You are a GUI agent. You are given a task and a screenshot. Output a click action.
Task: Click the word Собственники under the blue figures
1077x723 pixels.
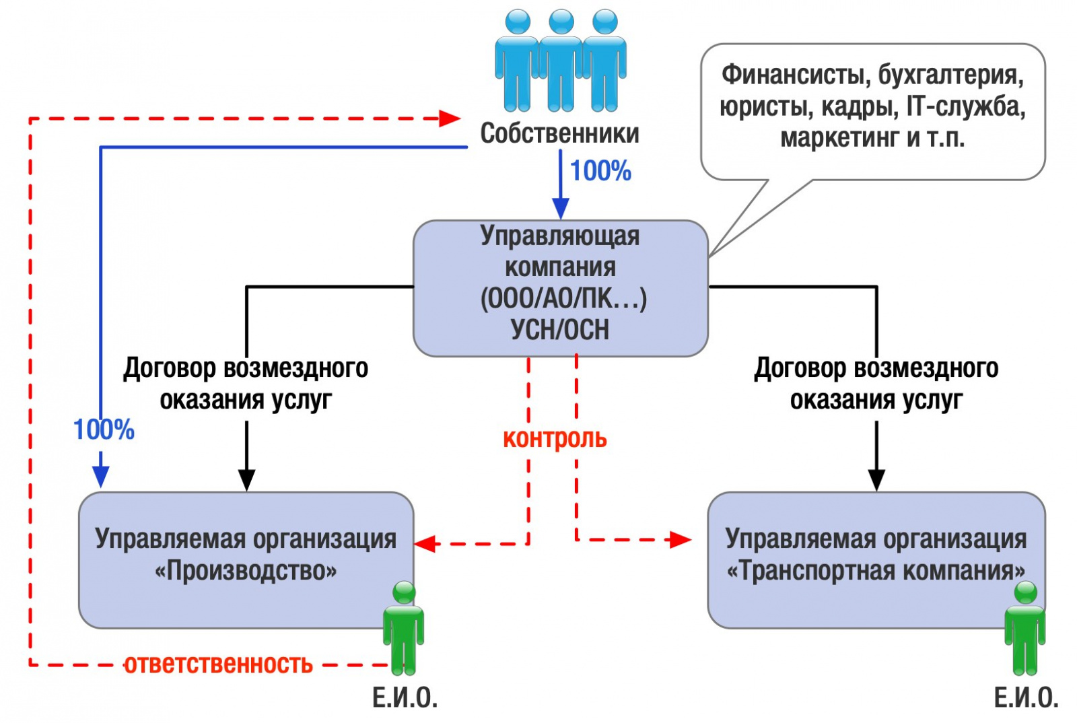tap(559, 133)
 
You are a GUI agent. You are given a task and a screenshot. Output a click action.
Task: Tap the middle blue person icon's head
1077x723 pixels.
tap(561, 22)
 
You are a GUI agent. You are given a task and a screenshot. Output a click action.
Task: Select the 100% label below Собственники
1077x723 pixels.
tap(600, 171)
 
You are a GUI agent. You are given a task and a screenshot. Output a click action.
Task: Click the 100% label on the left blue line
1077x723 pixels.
tap(104, 429)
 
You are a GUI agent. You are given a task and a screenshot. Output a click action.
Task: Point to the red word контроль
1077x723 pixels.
tap(555, 438)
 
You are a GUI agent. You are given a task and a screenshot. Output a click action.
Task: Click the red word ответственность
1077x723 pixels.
tap(218, 664)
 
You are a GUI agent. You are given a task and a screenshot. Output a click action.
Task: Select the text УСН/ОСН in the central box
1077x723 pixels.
tap(559, 330)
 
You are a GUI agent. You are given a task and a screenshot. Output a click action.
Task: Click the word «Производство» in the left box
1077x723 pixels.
tap(246, 571)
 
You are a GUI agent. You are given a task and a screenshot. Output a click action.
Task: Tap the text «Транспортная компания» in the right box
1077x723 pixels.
tap(876, 571)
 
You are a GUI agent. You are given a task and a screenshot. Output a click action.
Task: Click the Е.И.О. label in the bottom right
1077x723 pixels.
tap(1026, 698)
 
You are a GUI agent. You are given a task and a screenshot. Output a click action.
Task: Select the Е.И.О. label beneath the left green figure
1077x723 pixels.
tap(405, 698)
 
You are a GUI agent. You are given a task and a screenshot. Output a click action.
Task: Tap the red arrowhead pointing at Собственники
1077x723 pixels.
tap(450, 118)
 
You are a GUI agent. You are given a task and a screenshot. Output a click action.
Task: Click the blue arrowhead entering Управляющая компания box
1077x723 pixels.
tap(560, 208)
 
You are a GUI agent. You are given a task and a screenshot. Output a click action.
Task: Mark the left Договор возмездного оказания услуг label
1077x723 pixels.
tap(246, 384)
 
